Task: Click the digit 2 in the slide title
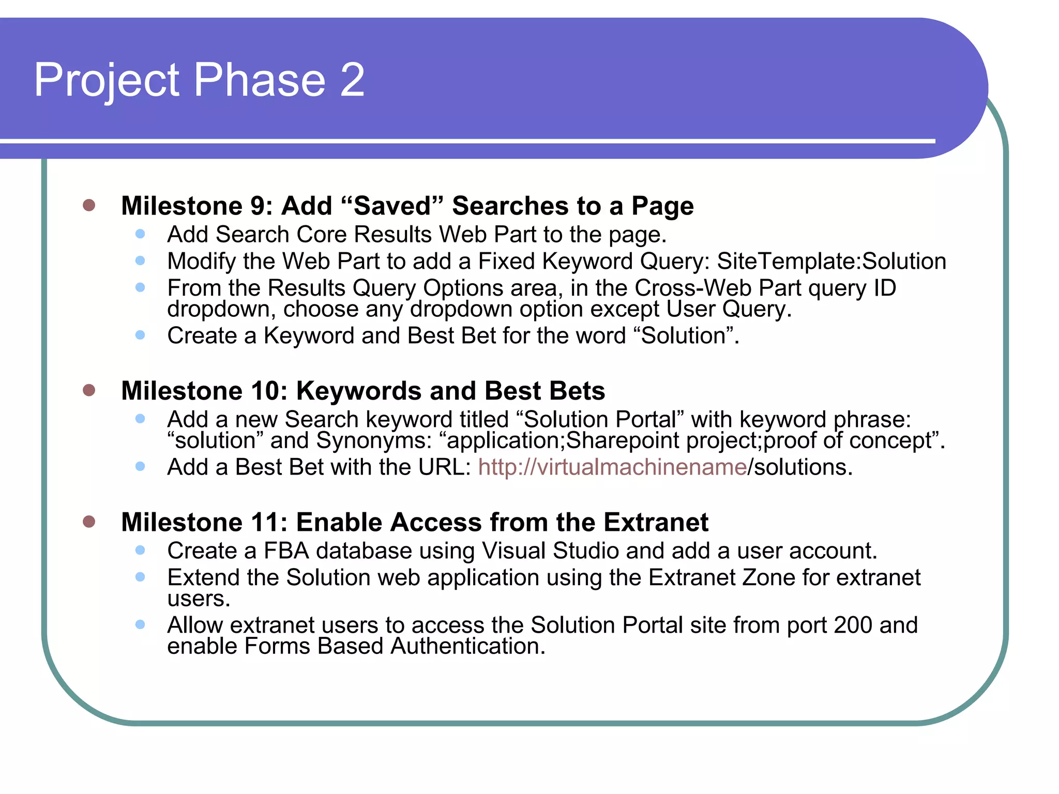pos(352,80)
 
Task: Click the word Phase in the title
pos(259,80)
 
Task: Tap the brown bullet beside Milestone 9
pos(89,205)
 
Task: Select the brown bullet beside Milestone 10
pos(89,390)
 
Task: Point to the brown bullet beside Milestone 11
pos(89,521)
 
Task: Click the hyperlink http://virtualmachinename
pos(612,467)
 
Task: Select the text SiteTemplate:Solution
pos(831,261)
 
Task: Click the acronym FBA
pos(286,551)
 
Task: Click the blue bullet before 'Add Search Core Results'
pos(140,234)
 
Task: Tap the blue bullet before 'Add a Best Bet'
pos(140,467)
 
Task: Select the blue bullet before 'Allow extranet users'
pos(140,624)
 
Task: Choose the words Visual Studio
pos(550,551)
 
